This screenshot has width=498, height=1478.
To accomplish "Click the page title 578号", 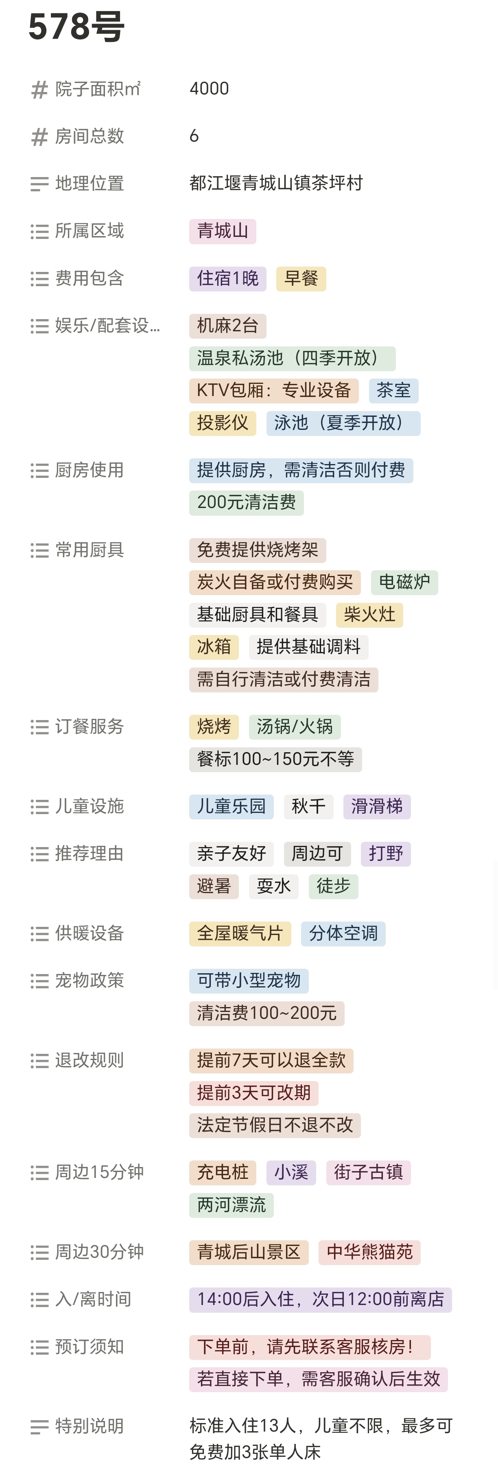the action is [x=76, y=26].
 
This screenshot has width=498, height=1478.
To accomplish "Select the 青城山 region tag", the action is [x=223, y=231].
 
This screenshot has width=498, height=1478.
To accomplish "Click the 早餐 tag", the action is [x=301, y=279].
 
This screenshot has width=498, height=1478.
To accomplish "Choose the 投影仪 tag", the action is [x=223, y=423].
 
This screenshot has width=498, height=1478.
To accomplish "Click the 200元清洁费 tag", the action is [x=246, y=503].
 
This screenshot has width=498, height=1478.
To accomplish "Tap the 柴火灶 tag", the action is [x=369, y=615].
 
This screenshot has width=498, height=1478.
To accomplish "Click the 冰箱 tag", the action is [x=214, y=647].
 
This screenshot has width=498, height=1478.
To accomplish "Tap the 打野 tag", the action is [x=386, y=854].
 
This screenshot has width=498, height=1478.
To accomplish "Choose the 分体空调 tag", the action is [x=343, y=933].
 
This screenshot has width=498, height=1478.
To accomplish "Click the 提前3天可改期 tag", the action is [x=253, y=1093].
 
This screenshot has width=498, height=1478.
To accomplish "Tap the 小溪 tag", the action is [x=291, y=1173].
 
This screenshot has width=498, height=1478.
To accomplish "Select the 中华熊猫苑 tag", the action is [x=369, y=1252].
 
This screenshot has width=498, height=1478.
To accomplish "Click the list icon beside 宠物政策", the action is [x=39, y=981].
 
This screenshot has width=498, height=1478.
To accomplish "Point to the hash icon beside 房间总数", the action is [x=39, y=137].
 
